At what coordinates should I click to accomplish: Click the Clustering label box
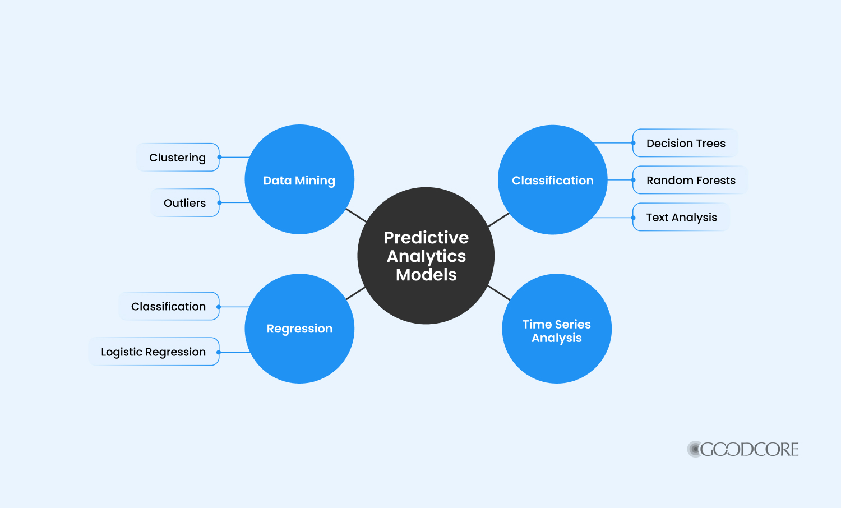[x=178, y=158]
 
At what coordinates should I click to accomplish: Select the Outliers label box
[x=185, y=203]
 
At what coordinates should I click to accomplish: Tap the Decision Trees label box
[x=685, y=143]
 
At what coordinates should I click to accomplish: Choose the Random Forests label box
[x=690, y=180]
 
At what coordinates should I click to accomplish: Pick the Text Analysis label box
[x=681, y=218]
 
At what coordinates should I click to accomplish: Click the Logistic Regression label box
[x=154, y=352]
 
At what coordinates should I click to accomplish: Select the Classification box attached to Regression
[x=169, y=306]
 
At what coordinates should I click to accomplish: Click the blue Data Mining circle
[x=299, y=179]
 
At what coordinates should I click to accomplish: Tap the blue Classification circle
[x=553, y=180]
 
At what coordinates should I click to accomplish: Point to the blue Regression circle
[x=299, y=329]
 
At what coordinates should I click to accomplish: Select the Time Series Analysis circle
[x=557, y=329]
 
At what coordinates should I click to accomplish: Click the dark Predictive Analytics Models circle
[x=426, y=256]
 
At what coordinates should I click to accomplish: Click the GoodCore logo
[x=743, y=449]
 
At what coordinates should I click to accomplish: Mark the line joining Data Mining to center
[x=356, y=215]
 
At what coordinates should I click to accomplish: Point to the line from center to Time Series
[x=499, y=293]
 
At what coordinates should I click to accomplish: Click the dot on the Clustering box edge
[x=220, y=158]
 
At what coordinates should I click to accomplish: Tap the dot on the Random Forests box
[x=634, y=180]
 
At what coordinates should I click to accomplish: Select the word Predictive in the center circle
[x=426, y=238]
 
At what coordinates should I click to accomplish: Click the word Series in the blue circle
[x=572, y=324]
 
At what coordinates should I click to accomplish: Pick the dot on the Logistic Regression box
[x=219, y=352]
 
